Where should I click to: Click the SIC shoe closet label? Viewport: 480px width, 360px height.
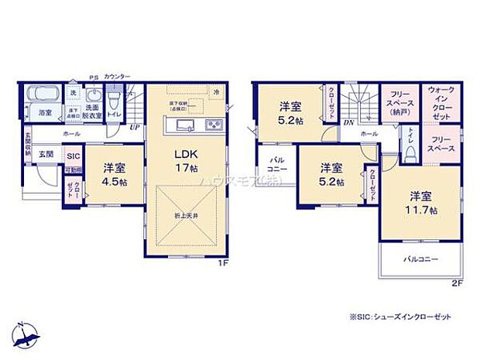coord(73,156)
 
